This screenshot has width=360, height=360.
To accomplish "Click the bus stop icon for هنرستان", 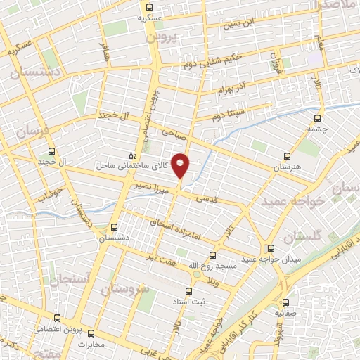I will pos(286,156).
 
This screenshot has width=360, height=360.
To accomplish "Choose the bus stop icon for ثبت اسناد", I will pos(188,290).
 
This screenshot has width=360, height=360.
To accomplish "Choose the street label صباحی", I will pos(171,131).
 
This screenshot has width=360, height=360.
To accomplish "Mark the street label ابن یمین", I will pos(236,24).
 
